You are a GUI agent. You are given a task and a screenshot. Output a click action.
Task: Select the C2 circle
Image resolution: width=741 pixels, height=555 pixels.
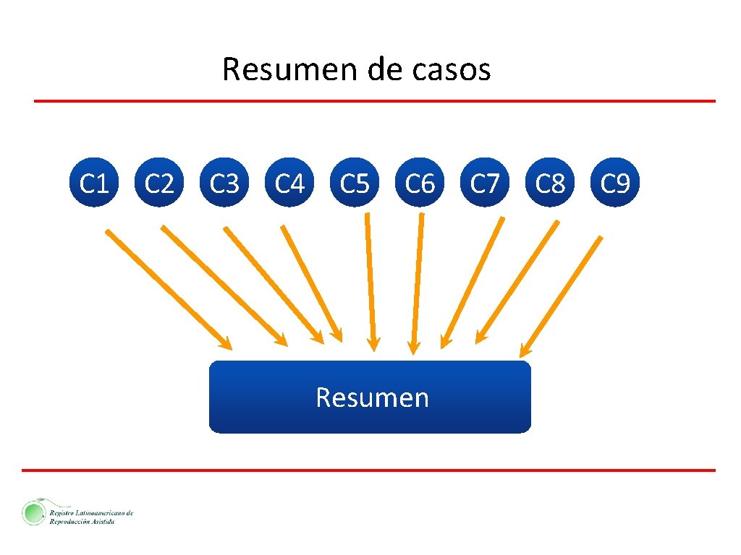[x=159, y=184]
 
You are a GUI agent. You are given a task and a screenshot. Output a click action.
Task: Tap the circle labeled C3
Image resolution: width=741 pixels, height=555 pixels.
[x=224, y=184]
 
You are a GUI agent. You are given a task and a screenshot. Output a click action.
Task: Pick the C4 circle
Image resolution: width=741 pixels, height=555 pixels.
[x=289, y=184]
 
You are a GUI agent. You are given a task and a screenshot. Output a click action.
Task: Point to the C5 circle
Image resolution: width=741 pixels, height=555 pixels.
[x=355, y=184]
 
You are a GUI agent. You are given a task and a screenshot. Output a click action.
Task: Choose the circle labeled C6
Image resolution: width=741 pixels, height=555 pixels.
[x=420, y=184]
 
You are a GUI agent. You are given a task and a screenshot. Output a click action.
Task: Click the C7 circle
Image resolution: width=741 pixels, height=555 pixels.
[x=485, y=184]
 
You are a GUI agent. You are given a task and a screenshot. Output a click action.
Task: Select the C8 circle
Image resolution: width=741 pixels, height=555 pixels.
[x=550, y=184]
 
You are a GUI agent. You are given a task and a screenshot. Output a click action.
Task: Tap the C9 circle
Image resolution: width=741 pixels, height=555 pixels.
[x=615, y=184]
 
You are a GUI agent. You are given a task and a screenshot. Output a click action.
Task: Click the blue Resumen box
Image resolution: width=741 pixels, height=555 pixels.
[x=370, y=397]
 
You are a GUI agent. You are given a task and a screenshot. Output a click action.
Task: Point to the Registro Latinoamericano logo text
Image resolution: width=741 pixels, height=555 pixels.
[x=91, y=516]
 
